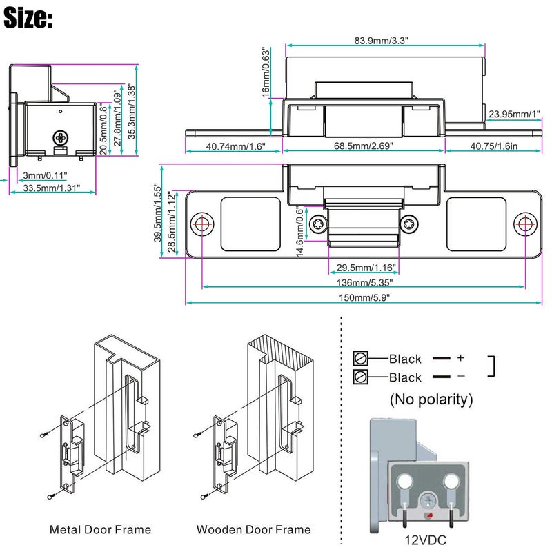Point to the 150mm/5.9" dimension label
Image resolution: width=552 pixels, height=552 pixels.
364,297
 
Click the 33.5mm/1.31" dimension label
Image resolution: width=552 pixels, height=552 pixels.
52,188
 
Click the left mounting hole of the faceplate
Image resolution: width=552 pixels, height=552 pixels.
202,224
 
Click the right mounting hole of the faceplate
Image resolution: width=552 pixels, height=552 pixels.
524,224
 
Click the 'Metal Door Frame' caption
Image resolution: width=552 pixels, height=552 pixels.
100,530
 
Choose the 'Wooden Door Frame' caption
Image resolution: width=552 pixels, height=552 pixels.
253,530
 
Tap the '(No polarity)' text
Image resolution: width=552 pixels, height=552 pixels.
431,400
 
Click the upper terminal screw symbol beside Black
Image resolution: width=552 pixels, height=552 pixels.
359,358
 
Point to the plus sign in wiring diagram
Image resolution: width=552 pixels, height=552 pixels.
460,358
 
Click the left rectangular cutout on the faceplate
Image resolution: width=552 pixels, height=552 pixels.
251,224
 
